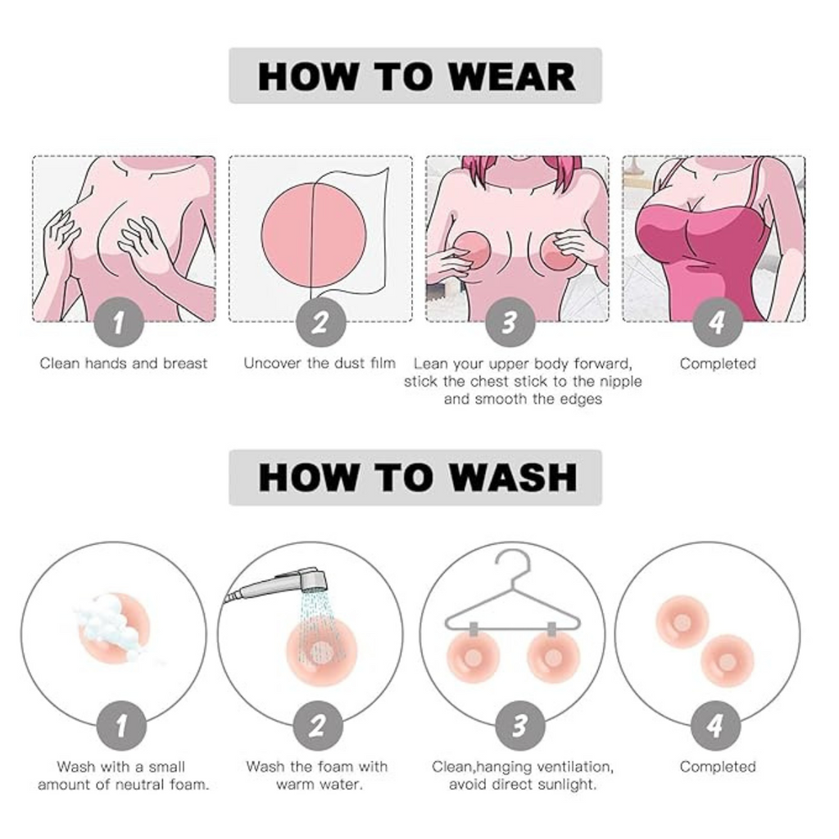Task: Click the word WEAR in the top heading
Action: tap(511, 77)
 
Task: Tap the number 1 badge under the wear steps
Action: tap(119, 322)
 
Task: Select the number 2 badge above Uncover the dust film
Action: tap(320, 322)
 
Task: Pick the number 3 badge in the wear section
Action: tap(510, 322)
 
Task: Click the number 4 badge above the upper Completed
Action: tap(718, 322)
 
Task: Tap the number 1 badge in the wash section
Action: tap(121, 726)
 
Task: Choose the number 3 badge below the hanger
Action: tap(519, 726)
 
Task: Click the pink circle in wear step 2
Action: tap(314, 235)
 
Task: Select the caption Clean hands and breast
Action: tap(123, 364)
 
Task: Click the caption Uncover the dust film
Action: tap(320, 363)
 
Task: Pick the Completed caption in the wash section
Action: tap(718, 767)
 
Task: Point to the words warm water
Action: tap(320, 785)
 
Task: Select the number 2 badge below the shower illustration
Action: tap(318, 726)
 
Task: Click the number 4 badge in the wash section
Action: tap(716, 726)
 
